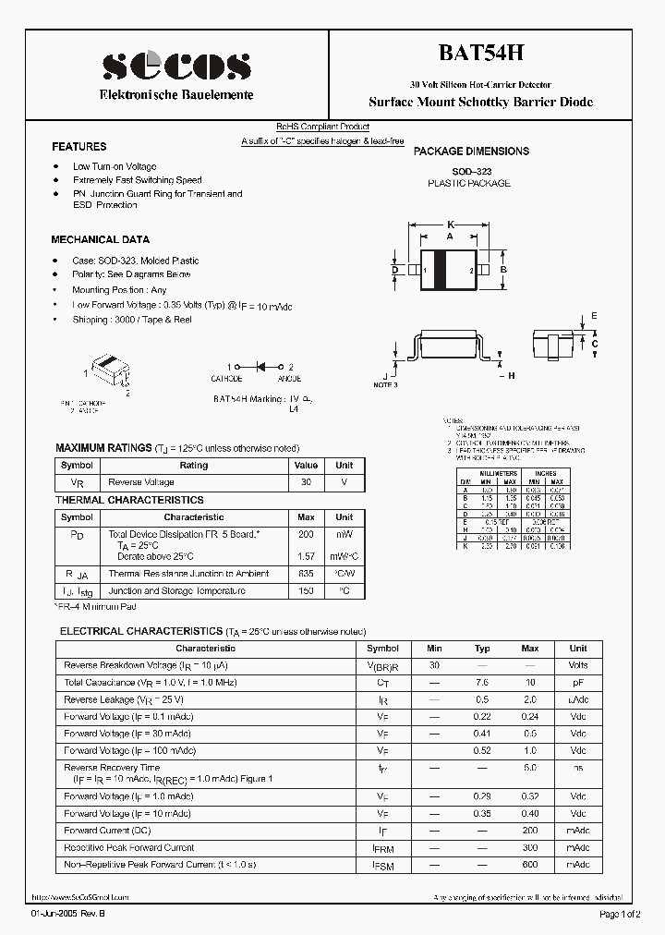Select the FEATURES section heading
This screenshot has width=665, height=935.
point(79,147)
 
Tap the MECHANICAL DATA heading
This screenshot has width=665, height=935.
point(100,239)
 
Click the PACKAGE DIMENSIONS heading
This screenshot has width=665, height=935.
point(471,151)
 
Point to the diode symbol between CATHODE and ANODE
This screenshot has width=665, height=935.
point(259,367)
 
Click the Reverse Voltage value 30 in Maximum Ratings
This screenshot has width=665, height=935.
point(305,482)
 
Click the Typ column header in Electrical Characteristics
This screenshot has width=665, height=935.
point(481,649)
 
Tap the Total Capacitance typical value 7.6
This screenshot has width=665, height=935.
point(481,682)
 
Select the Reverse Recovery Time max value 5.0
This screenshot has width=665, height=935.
point(529,768)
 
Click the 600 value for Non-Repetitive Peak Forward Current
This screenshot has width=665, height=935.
point(529,864)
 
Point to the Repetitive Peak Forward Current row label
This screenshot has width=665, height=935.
point(129,847)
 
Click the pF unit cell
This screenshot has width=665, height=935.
point(577,682)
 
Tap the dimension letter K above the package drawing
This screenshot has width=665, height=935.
point(450,225)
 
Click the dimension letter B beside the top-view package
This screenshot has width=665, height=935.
point(503,270)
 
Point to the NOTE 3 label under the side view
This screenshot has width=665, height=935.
point(385,384)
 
